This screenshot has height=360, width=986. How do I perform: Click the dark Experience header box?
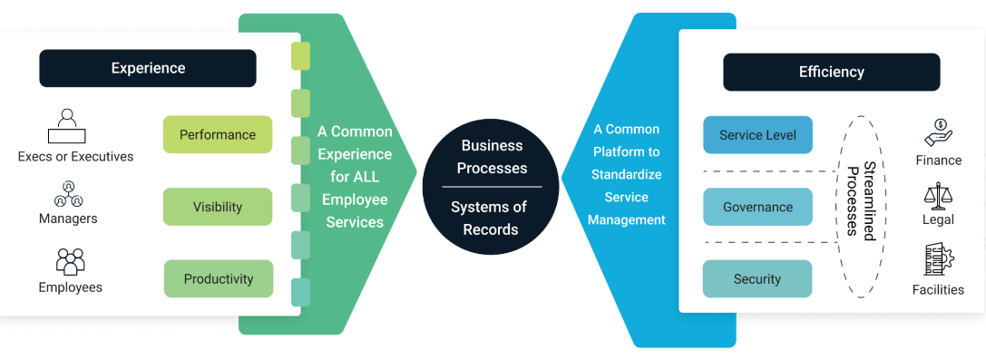click(x=148, y=68)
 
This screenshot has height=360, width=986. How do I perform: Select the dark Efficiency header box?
click(x=831, y=72)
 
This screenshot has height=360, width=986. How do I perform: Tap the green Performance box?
click(x=218, y=134)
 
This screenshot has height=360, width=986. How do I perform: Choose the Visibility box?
click(x=218, y=207)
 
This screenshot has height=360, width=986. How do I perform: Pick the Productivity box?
click(x=219, y=278)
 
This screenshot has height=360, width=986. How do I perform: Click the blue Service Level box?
click(x=757, y=135)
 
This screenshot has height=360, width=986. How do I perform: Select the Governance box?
click(x=757, y=207)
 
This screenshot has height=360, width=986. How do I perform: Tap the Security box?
click(x=757, y=279)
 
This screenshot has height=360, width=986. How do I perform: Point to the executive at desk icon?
click(x=66, y=126)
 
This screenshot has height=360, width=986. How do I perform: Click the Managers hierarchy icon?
click(x=68, y=194)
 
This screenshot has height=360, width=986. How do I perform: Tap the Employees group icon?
click(x=70, y=261)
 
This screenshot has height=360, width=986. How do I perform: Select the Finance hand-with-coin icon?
click(x=938, y=132)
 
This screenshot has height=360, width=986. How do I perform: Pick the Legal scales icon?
click(x=938, y=195)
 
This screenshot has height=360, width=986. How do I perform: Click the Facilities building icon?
click(x=938, y=260)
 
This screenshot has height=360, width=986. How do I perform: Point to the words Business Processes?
click(x=492, y=157)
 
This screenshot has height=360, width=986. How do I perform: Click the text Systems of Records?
click(x=489, y=218)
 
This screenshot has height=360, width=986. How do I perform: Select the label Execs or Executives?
click(x=75, y=157)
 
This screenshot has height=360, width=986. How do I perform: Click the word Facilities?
click(x=938, y=289)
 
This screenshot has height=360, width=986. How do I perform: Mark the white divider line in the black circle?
click(x=492, y=187)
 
